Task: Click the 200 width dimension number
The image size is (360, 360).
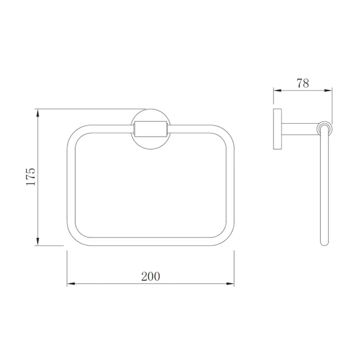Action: (151, 277)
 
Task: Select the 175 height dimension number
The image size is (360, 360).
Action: (31, 177)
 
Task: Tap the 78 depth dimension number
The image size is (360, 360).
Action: (303, 83)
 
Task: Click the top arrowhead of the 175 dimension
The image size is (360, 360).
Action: (38, 113)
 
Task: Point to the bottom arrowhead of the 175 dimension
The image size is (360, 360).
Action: (38, 241)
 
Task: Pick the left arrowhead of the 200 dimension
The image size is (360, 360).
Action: (71, 284)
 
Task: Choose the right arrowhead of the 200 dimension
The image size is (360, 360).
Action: (230, 284)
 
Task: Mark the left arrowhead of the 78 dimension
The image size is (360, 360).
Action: (277, 91)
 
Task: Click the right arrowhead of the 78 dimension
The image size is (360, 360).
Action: (328, 91)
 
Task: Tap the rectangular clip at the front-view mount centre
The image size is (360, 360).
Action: (151, 129)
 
